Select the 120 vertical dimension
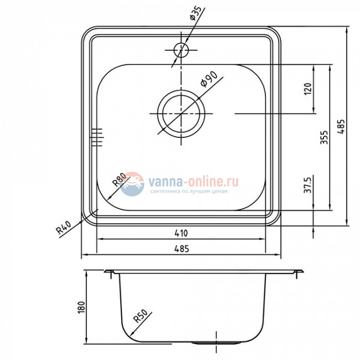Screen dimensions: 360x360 click(x=308, y=89)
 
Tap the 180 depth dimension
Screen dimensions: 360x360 click(x=81, y=307)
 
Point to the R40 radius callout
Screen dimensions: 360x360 click(x=65, y=228)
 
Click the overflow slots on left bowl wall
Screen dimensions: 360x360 click(x=97, y=137)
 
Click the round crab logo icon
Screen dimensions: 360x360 click(x=132, y=184)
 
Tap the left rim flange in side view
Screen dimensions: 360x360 click(x=109, y=272)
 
